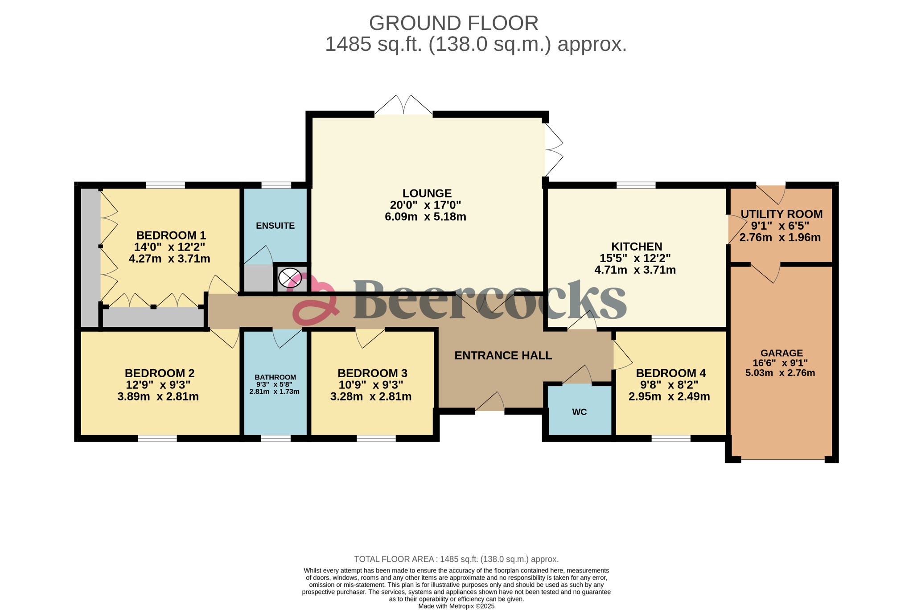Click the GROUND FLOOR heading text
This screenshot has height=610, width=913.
(x=453, y=23)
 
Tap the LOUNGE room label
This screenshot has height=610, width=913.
(x=427, y=193)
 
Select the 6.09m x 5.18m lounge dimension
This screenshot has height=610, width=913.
(x=425, y=217)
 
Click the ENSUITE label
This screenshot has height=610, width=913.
(x=275, y=226)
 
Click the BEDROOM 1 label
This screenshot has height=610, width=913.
(x=171, y=235)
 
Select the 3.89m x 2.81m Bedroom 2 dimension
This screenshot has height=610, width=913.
(x=158, y=396)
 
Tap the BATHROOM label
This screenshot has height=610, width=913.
(x=275, y=377)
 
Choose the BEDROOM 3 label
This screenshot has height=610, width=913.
(x=372, y=373)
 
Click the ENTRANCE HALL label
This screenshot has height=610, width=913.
(x=503, y=355)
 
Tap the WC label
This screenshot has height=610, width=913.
(x=579, y=412)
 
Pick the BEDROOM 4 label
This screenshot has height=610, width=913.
(x=670, y=373)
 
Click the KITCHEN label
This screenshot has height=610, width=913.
(x=636, y=246)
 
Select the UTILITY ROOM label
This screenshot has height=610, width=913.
(x=781, y=214)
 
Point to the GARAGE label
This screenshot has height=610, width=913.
(x=781, y=353)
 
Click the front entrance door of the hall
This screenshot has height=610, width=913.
(x=489, y=404)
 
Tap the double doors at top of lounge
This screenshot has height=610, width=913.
(x=403, y=107)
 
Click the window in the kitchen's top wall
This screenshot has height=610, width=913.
(x=636, y=185)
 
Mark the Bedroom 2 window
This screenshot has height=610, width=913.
(x=157, y=438)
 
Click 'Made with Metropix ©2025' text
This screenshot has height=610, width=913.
(x=456, y=606)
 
